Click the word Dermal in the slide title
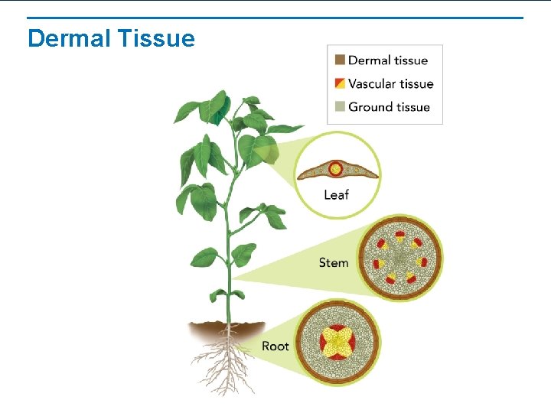coord(69,38)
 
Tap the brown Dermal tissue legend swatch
coord(340,60)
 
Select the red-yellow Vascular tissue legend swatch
coord(340,83)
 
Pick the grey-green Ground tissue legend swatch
coord(340,107)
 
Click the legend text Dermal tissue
coord(388,60)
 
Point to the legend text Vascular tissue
coord(391,83)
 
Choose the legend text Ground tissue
coord(389,107)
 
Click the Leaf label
coord(336,195)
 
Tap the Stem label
coord(334,262)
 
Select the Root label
coord(275,346)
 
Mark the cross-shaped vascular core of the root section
coord(337,342)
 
